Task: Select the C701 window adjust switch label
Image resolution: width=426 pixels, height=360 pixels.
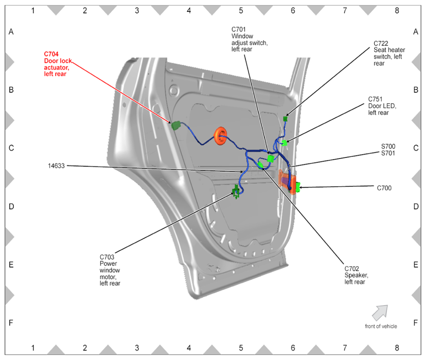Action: click(249, 39)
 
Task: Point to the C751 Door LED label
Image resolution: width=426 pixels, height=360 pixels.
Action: click(382, 106)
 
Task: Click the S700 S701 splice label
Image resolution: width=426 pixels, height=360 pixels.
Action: click(388, 150)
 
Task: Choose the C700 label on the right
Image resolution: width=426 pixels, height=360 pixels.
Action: click(384, 188)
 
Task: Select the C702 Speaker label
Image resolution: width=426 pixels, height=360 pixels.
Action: click(356, 275)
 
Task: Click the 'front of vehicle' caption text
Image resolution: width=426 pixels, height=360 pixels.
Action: click(381, 326)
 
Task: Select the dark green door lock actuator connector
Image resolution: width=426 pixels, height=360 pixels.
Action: click(176, 125)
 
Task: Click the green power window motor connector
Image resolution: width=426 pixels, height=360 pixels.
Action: click(236, 192)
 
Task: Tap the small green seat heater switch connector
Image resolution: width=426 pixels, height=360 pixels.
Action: click(286, 119)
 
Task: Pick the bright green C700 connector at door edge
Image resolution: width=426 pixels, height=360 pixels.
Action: click(298, 187)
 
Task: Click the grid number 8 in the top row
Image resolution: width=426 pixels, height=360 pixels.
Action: click(396, 9)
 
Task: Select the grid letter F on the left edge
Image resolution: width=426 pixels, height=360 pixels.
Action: click(11, 323)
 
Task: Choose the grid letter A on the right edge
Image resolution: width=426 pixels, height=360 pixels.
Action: click(415, 32)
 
